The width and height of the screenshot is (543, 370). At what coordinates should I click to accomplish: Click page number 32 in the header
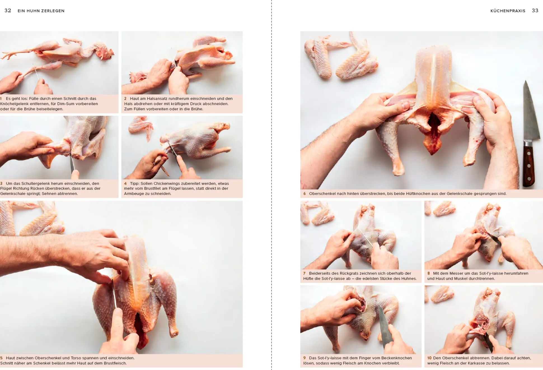(x=8, y=11)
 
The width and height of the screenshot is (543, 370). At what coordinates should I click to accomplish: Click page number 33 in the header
(x=535, y=11)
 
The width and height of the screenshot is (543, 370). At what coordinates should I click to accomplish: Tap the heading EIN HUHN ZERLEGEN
(x=41, y=11)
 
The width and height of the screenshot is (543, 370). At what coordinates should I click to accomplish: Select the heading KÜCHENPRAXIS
(x=508, y=11)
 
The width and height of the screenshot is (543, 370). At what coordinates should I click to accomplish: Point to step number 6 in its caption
(x=305, y=194)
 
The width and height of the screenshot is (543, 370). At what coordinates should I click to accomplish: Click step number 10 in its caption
(x=429, y=358)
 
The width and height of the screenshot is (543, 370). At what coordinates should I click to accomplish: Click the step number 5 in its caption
(x=1, y=358)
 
